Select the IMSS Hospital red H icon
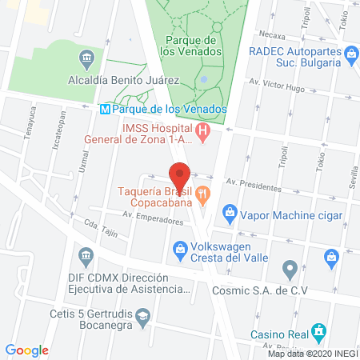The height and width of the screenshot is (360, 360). coord(203,130)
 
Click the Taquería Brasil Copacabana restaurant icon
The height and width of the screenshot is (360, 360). coord(204,192)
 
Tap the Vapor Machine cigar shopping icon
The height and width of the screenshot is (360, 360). coord(230,214)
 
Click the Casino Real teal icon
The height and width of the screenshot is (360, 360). coord(319,329)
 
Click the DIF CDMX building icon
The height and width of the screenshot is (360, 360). coord(86,256)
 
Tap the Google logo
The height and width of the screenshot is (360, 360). coord(27,350)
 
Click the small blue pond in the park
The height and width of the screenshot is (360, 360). coord(203,79)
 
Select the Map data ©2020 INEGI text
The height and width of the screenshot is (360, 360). coord(312,354)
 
